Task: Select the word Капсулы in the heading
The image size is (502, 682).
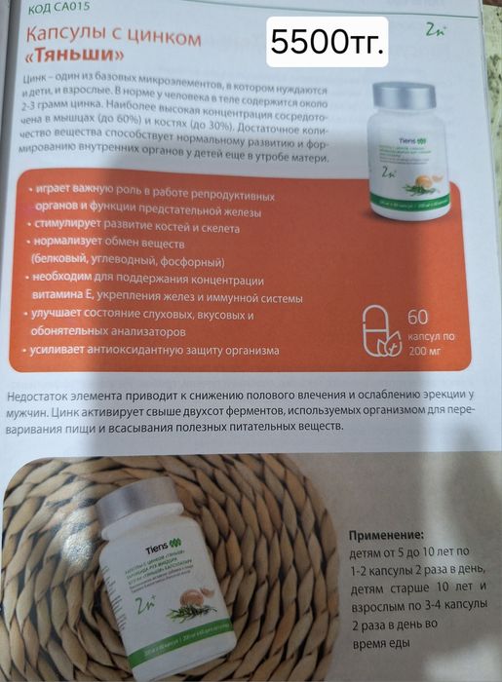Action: tap(67, 37)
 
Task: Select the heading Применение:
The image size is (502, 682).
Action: tap(386, 536)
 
